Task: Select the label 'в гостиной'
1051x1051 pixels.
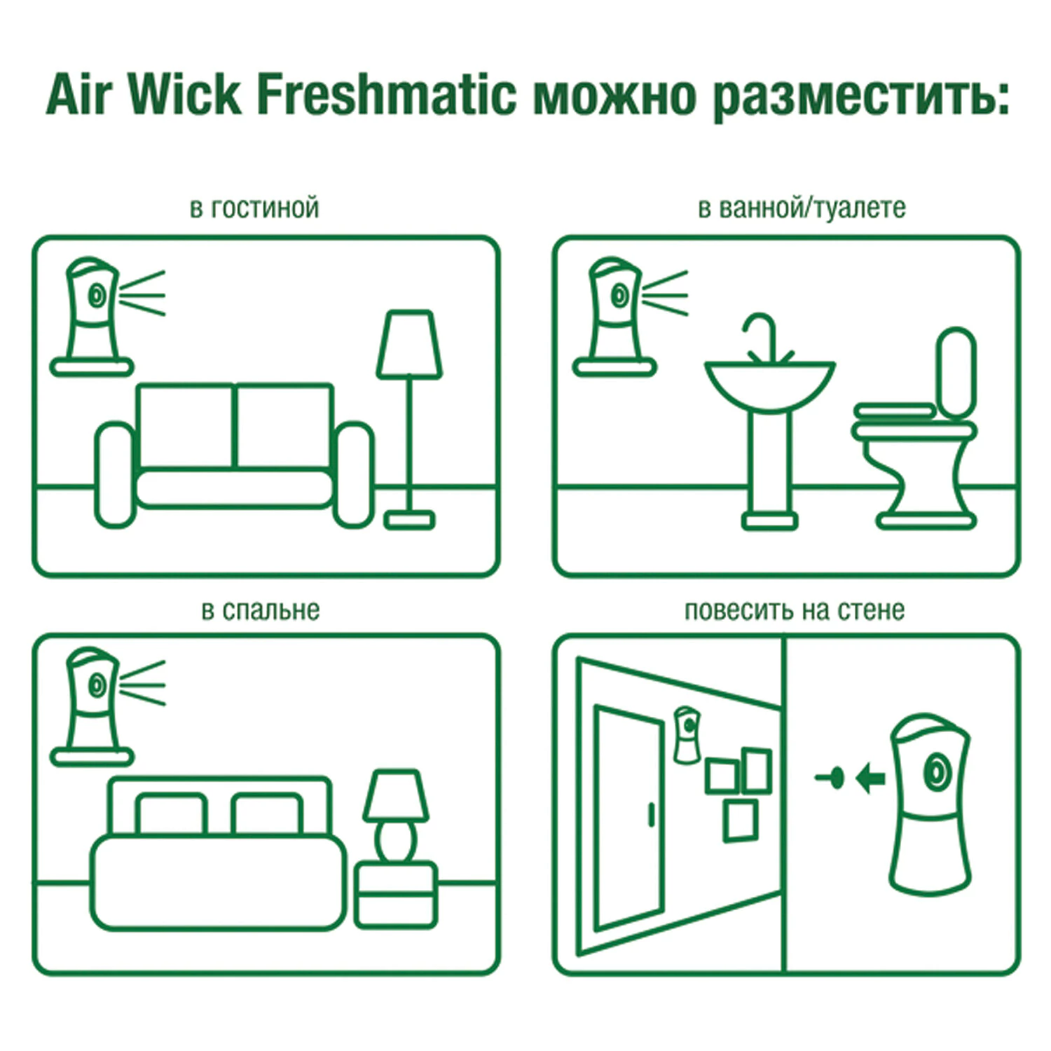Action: (x=254, y=208)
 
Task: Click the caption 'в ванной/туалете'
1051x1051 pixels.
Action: (x=802, y=208)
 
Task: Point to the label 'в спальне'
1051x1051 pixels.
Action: (x=260, y=610)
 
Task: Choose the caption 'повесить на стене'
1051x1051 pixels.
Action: (x=794, y=610)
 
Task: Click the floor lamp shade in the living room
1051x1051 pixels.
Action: (x=409, y=345)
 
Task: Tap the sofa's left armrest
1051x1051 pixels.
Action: (x=114, y=474)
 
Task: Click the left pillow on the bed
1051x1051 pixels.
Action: (x=171, y=815)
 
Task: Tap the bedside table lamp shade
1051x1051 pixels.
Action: (x=396, y=796)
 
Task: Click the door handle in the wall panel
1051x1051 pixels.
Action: (x=650, y=815)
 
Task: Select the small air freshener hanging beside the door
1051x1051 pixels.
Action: (x=687, y=734)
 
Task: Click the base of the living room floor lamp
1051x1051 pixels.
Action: (x=409, y=521)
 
